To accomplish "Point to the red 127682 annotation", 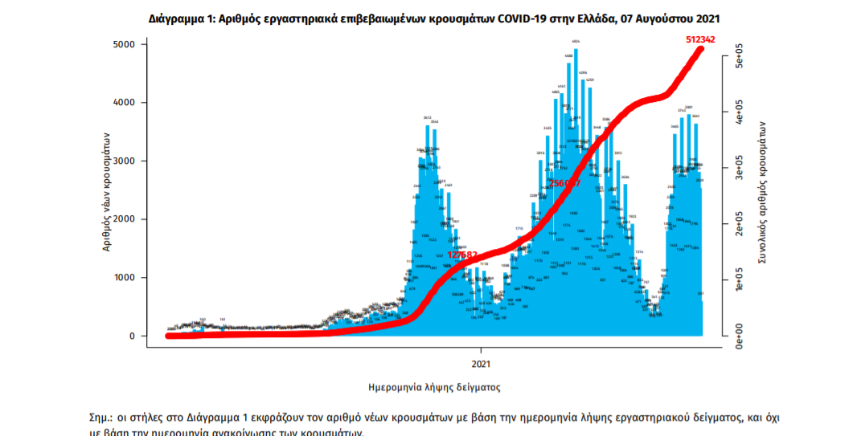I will coord(463,255).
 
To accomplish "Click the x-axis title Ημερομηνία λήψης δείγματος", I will coord(434,387).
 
